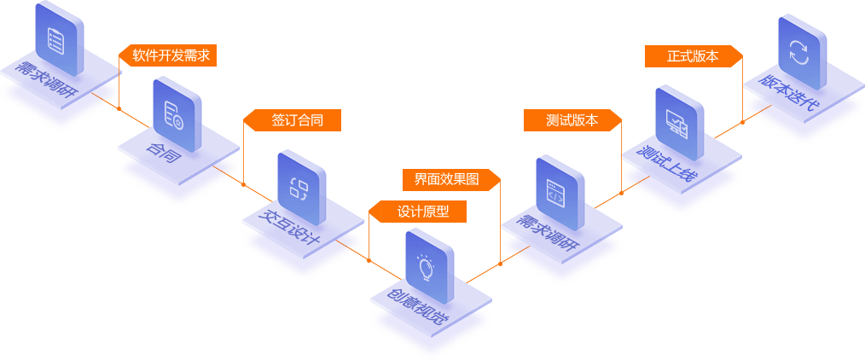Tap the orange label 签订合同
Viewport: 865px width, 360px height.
tap(297, 120)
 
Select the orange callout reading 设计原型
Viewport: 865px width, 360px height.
tap(423, 212)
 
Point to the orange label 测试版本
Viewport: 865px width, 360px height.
tap(572, 120)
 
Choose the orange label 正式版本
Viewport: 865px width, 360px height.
tap(694, 56)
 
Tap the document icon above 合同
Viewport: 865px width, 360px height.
tap(177, 113)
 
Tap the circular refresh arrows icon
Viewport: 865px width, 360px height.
tap(801, 50)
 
